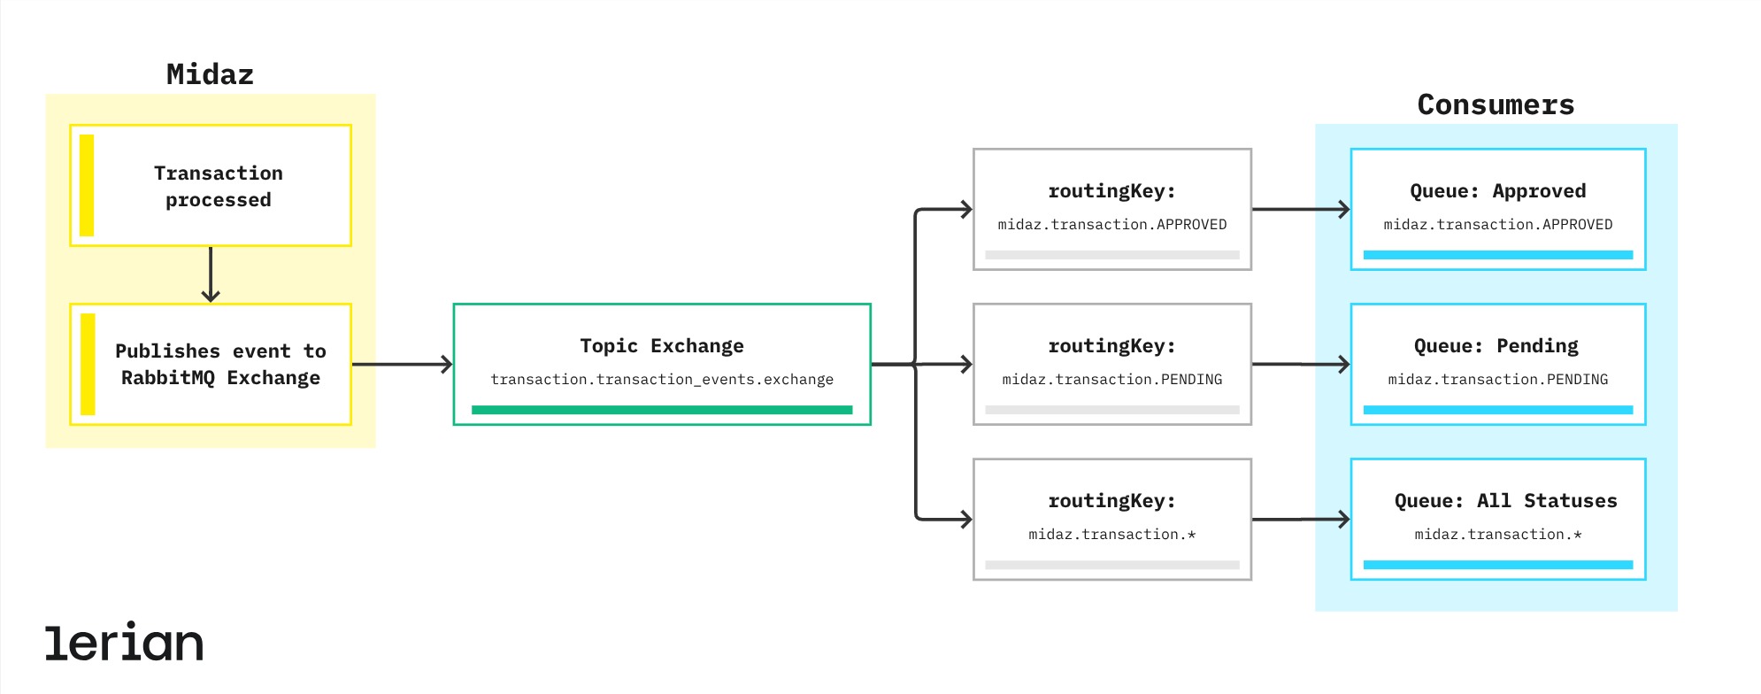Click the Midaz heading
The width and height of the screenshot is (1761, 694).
click(x=210, y=74)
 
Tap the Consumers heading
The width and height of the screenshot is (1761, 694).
click(x=1496, y=104)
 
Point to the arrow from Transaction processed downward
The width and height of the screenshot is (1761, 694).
click(x=211, y=274)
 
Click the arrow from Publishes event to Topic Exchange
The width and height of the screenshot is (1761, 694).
click(x=403, y=364)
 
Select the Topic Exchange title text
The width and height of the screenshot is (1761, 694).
click(x=662, y=346)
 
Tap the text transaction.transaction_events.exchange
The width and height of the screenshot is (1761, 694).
click(x=662, y=380)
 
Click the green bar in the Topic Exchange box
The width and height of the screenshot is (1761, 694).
click(x=662, y=410)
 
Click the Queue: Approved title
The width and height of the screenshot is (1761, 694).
click(x=1497, y=191)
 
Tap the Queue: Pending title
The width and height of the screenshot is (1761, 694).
click(x=1496, y=346)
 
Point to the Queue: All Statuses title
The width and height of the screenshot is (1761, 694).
click(x=1505, y=501)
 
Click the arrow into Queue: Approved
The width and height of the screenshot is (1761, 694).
click(x=1301, y=210)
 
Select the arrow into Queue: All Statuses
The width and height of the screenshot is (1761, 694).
click(x=1301, y=520)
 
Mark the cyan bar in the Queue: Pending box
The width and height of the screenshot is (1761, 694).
click(x=1498, y=410)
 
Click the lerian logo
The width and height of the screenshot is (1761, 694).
click(x=124, y=643)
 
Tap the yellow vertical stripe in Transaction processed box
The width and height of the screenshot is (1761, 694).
click(x=87, y=185)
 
